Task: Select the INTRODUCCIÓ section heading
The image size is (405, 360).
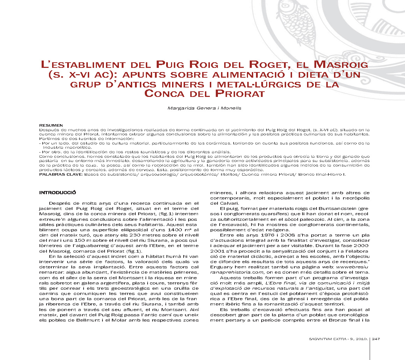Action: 58,192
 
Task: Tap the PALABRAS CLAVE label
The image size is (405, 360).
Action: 61,174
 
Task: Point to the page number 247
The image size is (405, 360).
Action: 377,338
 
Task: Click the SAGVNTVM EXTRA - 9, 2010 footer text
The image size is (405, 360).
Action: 339,338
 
